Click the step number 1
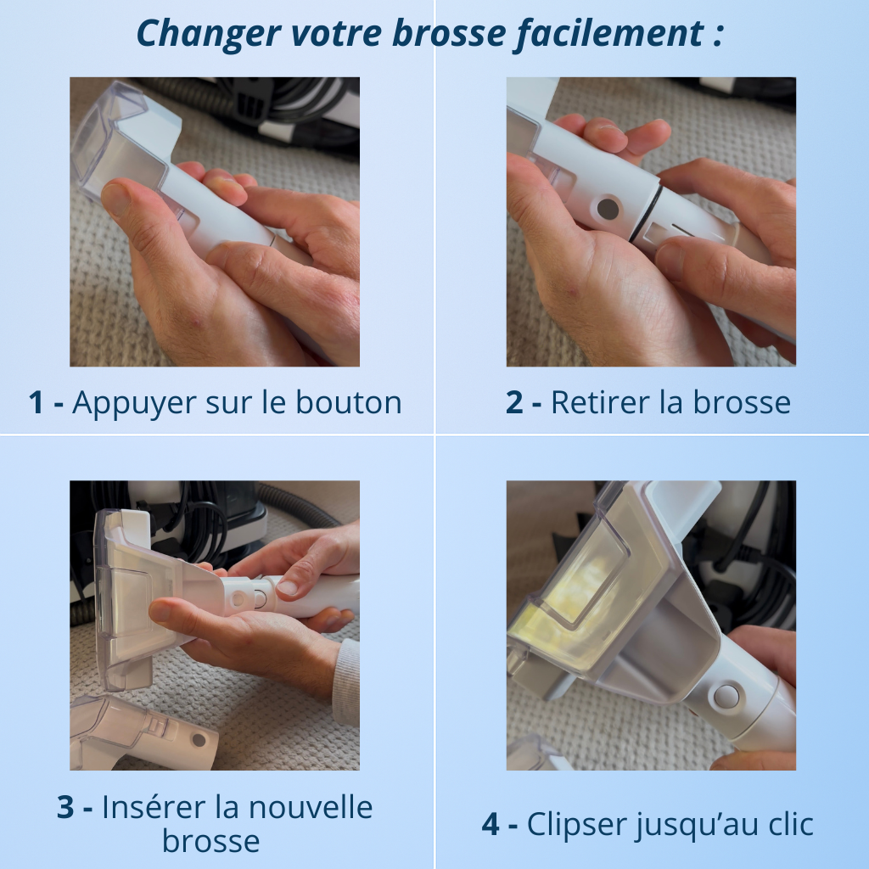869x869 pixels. pos(36,402)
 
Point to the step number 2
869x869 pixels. pos(514,402)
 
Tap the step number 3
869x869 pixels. pos(65,807)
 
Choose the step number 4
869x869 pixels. pos(491,824)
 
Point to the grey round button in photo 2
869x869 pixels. pos(608,208)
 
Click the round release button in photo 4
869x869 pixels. pos(726,696)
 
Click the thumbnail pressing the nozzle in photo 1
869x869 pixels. pos(116,199)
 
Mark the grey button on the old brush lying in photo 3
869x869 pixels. pos(199,739)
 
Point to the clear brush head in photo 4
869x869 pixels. pos(594,577)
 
